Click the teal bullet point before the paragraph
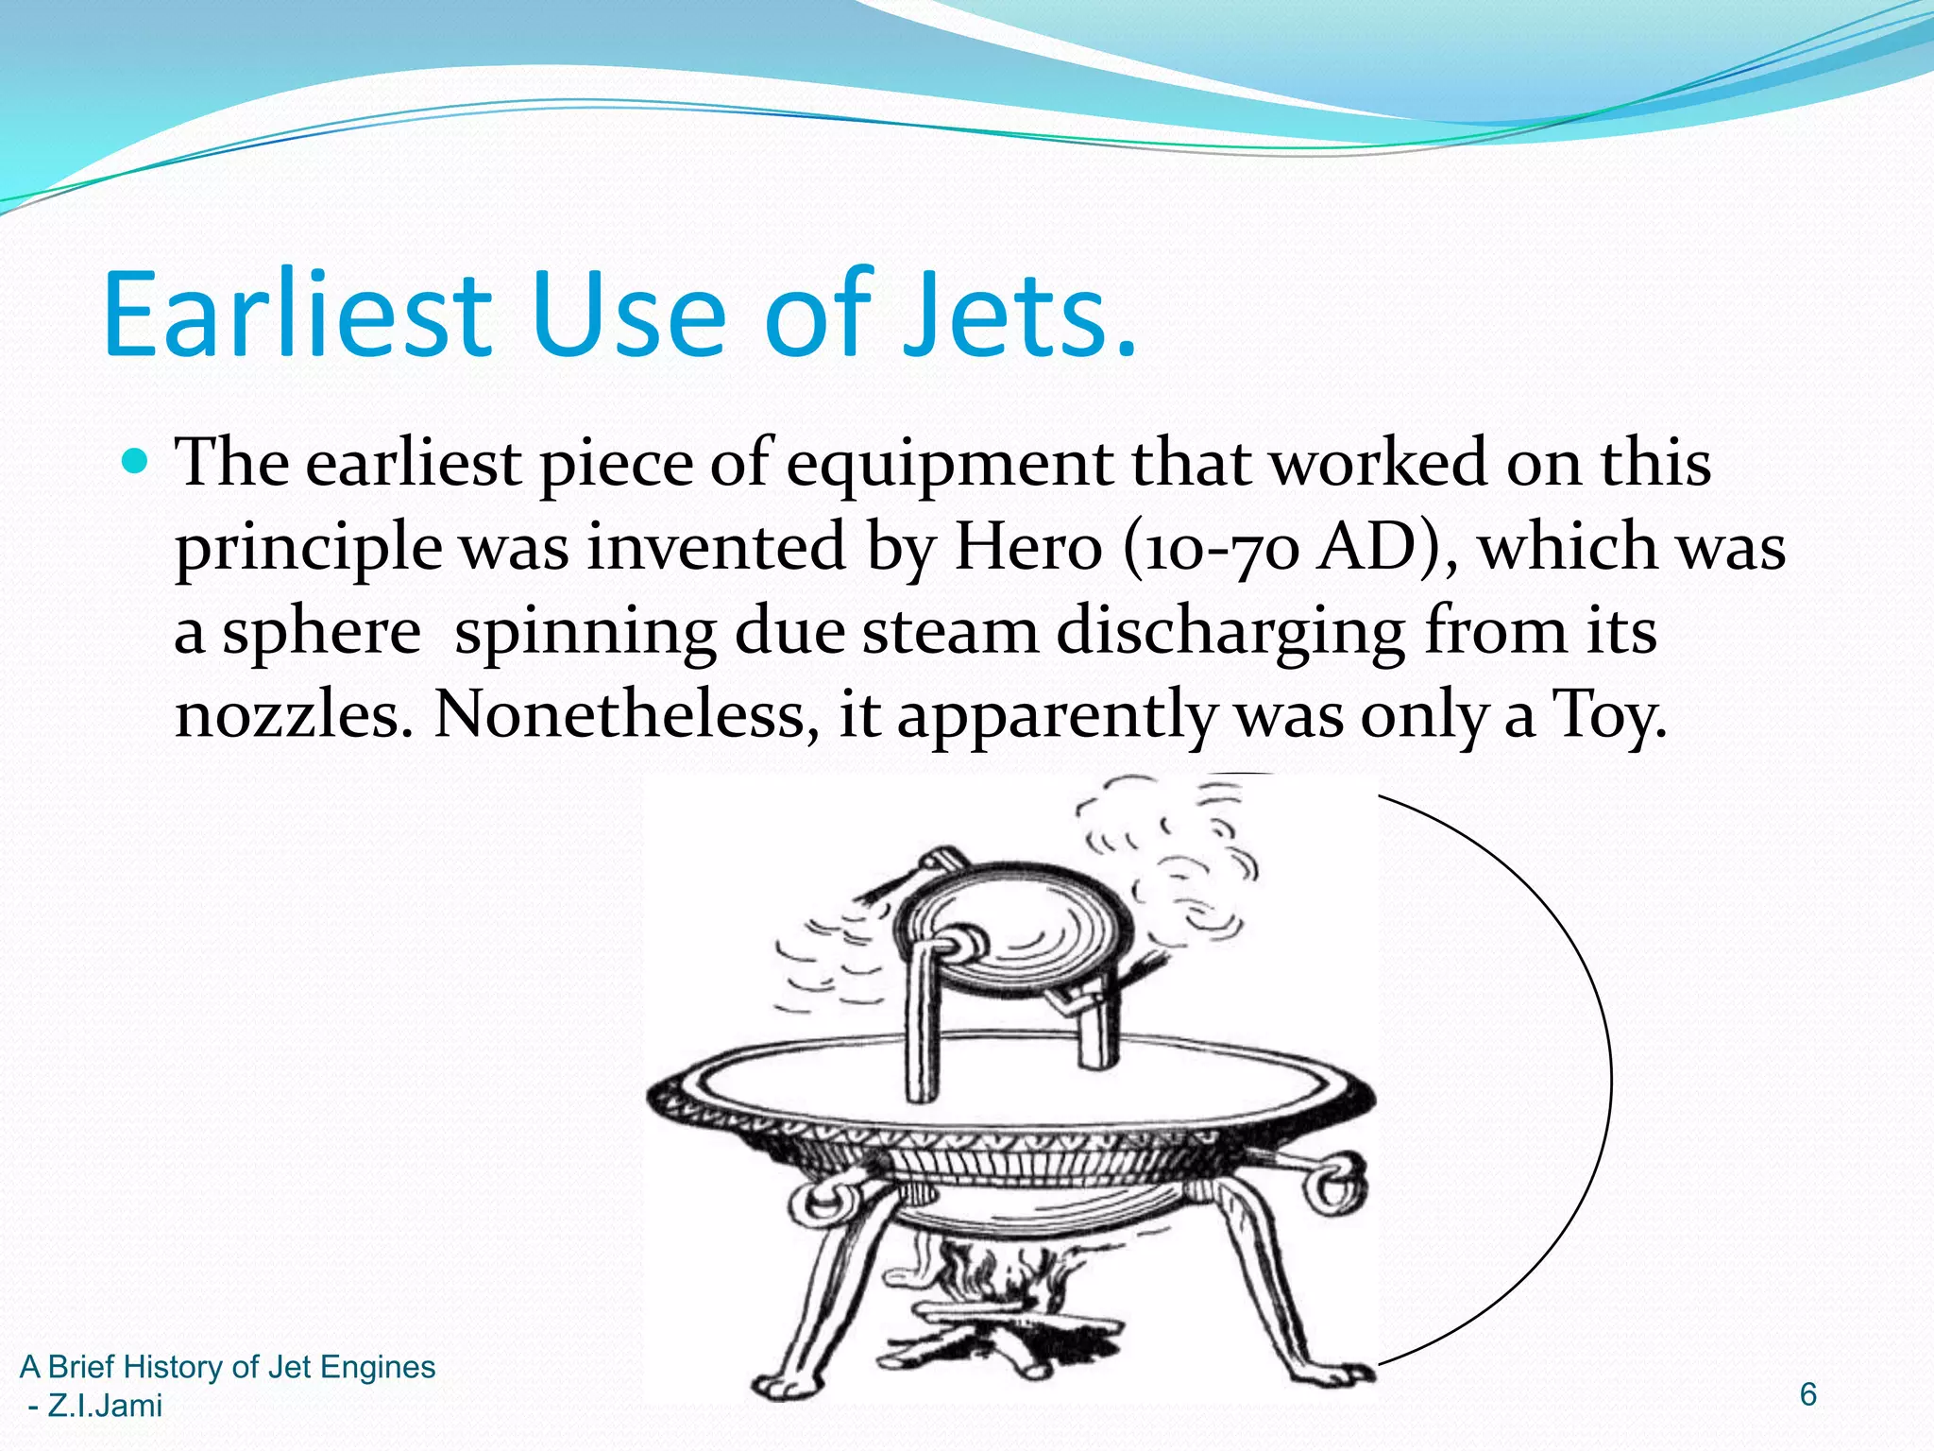(x=137, y=462)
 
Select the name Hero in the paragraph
(x=1027, y=548)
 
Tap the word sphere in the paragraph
(x=321, y=633)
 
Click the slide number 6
(x=1807, y=1394)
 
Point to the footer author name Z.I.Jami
(x=105, y=1406)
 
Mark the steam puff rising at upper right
(x=1180, y=850)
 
